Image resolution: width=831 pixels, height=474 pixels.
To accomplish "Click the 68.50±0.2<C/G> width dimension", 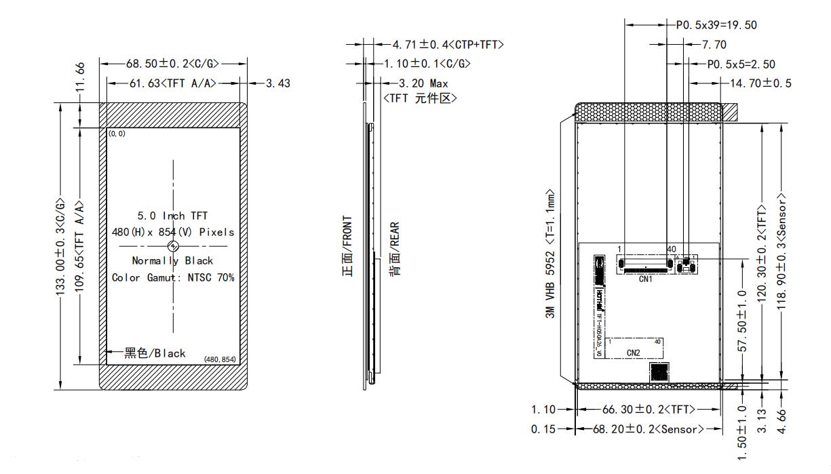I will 172,63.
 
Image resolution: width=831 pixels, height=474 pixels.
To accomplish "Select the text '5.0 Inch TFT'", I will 173,216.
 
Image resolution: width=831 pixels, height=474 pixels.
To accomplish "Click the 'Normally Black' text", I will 173,260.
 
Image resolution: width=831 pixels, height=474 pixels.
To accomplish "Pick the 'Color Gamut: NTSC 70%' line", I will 173,277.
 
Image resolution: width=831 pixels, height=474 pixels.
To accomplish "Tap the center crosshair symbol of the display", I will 173,246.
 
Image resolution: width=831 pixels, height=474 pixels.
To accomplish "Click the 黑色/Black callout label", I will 155,353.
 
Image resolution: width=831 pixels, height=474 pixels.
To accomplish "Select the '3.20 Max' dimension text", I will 424,83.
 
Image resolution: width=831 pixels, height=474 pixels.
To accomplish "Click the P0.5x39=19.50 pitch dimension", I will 716,26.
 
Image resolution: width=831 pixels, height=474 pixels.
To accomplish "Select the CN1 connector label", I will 645,278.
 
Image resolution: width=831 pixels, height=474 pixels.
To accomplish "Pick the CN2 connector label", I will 633,353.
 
